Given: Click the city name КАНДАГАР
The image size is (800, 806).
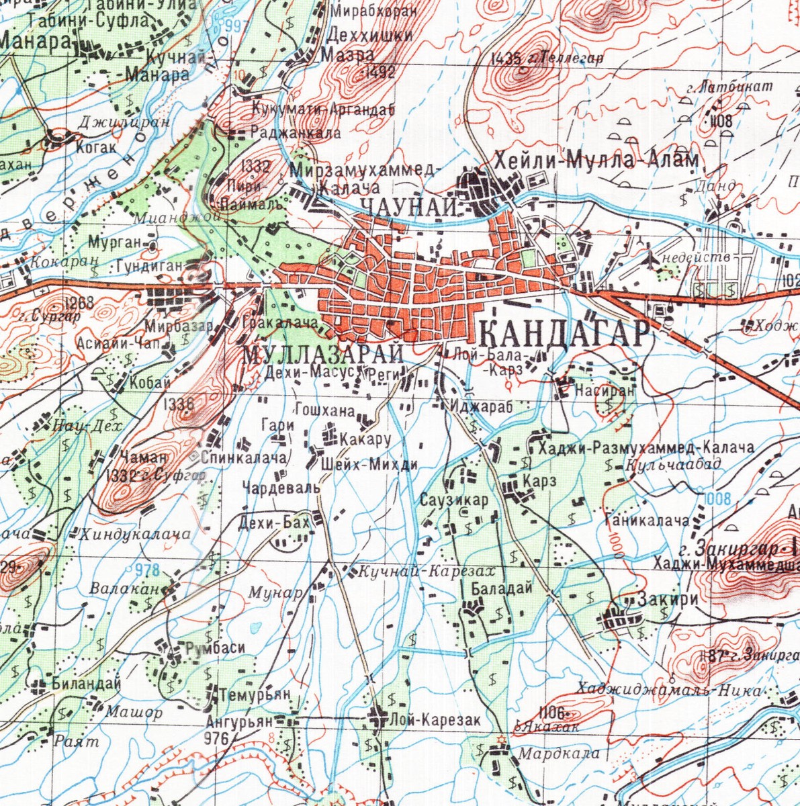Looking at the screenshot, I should point(566,334).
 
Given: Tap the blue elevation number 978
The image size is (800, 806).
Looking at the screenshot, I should point(147,570).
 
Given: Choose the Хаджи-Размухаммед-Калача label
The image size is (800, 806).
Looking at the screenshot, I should point(641,447).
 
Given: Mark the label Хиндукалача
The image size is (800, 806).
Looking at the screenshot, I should point(136,535).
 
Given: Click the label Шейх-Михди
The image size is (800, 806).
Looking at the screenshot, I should point(369,465).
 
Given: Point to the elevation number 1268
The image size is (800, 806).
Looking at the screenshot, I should point(81,303).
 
